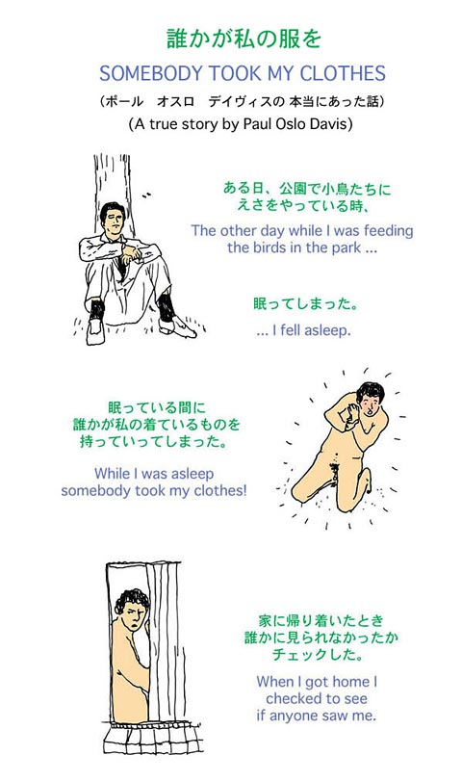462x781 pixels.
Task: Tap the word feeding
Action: (388, 231)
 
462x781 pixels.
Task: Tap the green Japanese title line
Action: (244, 39)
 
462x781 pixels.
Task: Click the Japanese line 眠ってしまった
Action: (306, 304)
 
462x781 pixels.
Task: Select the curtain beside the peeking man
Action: (164, 642)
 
